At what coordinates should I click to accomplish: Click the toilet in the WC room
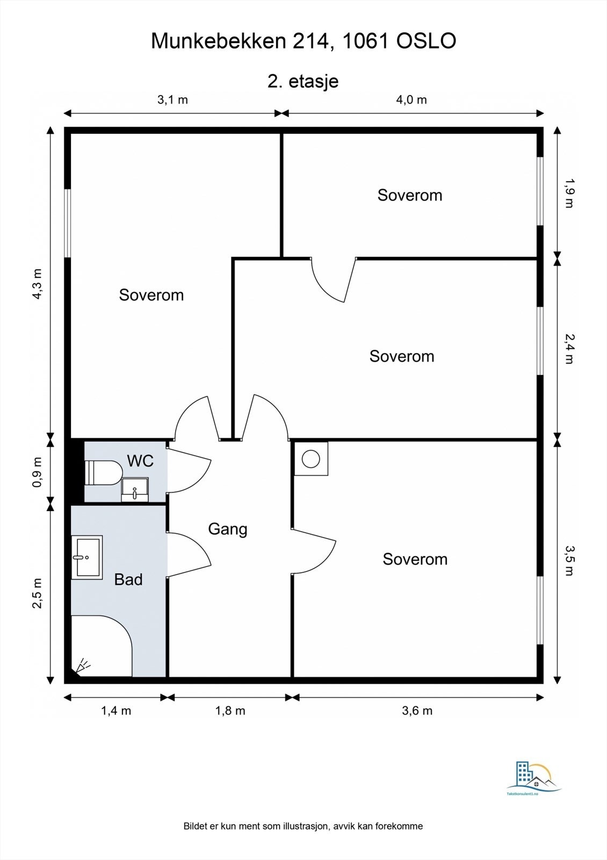click(103, 472)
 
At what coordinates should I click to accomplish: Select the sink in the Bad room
click(87, 557)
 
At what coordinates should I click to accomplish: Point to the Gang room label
click(228, 529)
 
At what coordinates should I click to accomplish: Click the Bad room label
click(128, 579)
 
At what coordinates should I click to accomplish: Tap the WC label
click(140, 461)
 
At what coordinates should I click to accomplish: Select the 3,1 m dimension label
click(172, 99)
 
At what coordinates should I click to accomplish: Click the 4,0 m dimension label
click(411, 99)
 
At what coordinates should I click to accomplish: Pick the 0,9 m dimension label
click(37, 472)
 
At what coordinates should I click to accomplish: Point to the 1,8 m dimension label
click(230, 711)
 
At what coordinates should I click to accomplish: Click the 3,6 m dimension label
click(417, 711)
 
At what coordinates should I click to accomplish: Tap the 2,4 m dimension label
click(569, 348)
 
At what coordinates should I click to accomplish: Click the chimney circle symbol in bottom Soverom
click(311, 459)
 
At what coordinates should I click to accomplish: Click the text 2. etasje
click(303, 81)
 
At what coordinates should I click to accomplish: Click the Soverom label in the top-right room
click(410, 195)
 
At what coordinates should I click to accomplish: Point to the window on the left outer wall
click(68, 223)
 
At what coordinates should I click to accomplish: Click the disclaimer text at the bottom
click(303, 826)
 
